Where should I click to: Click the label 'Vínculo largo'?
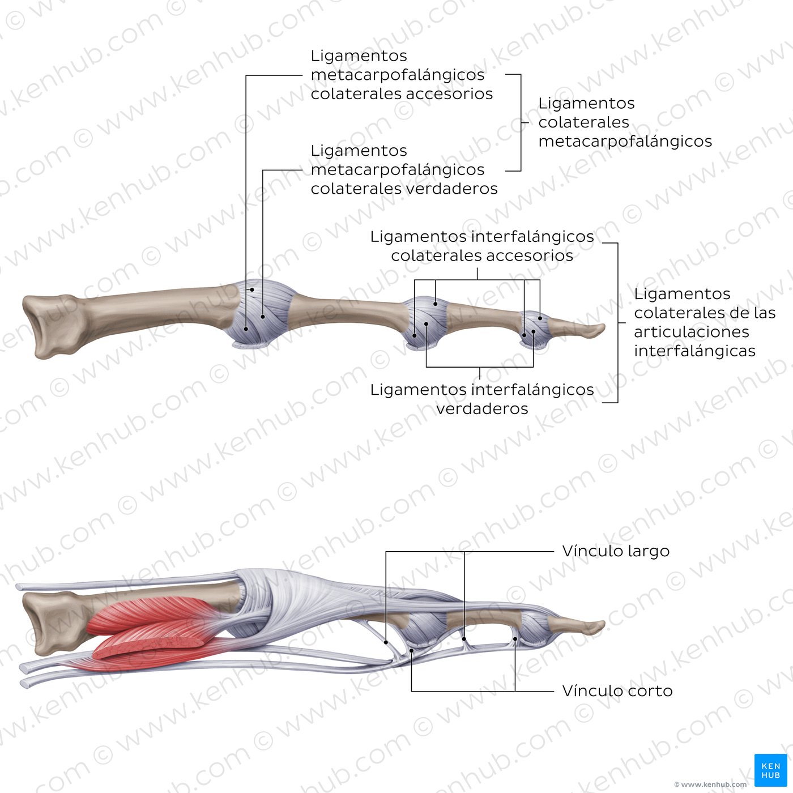coord(616,551)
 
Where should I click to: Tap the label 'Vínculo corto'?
coord(617,691)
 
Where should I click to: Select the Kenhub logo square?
coord(771,770)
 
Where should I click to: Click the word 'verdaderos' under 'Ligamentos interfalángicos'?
coord(482,408)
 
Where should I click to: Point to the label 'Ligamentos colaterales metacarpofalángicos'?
coord(625,122)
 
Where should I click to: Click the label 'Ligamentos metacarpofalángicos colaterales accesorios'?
coord(402,74)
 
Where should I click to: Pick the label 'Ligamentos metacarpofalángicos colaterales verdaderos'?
coord(404,169)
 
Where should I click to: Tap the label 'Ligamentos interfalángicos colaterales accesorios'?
coord(482,246)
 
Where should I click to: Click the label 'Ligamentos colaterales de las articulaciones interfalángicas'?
coord(705,322)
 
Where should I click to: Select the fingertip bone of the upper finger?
coord(576,329)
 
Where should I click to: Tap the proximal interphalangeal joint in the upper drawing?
coord(426,323)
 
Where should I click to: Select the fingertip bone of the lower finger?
coord(576,626)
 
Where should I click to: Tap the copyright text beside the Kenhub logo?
coord(710,785)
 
